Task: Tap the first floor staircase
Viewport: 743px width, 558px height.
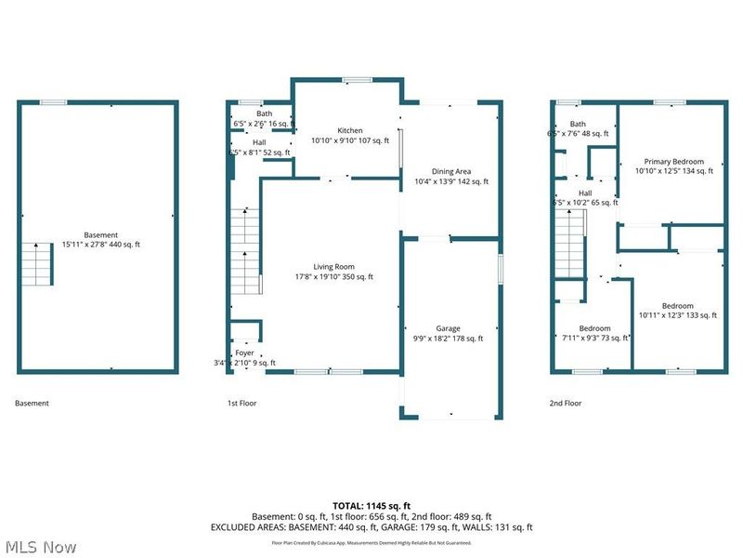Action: pyautogui.click(x=244, y=251)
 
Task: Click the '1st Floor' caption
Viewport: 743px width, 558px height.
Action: pyautogui.click(x=241, y=404)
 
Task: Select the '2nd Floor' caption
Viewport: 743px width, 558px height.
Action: pyautogui.click(x=565, y=404)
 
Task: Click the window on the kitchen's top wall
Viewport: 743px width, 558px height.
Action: pyautogui.click(x=354, y=78)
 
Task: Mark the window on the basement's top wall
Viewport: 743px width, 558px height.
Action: pyautogui.click(x=53, y=101)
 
